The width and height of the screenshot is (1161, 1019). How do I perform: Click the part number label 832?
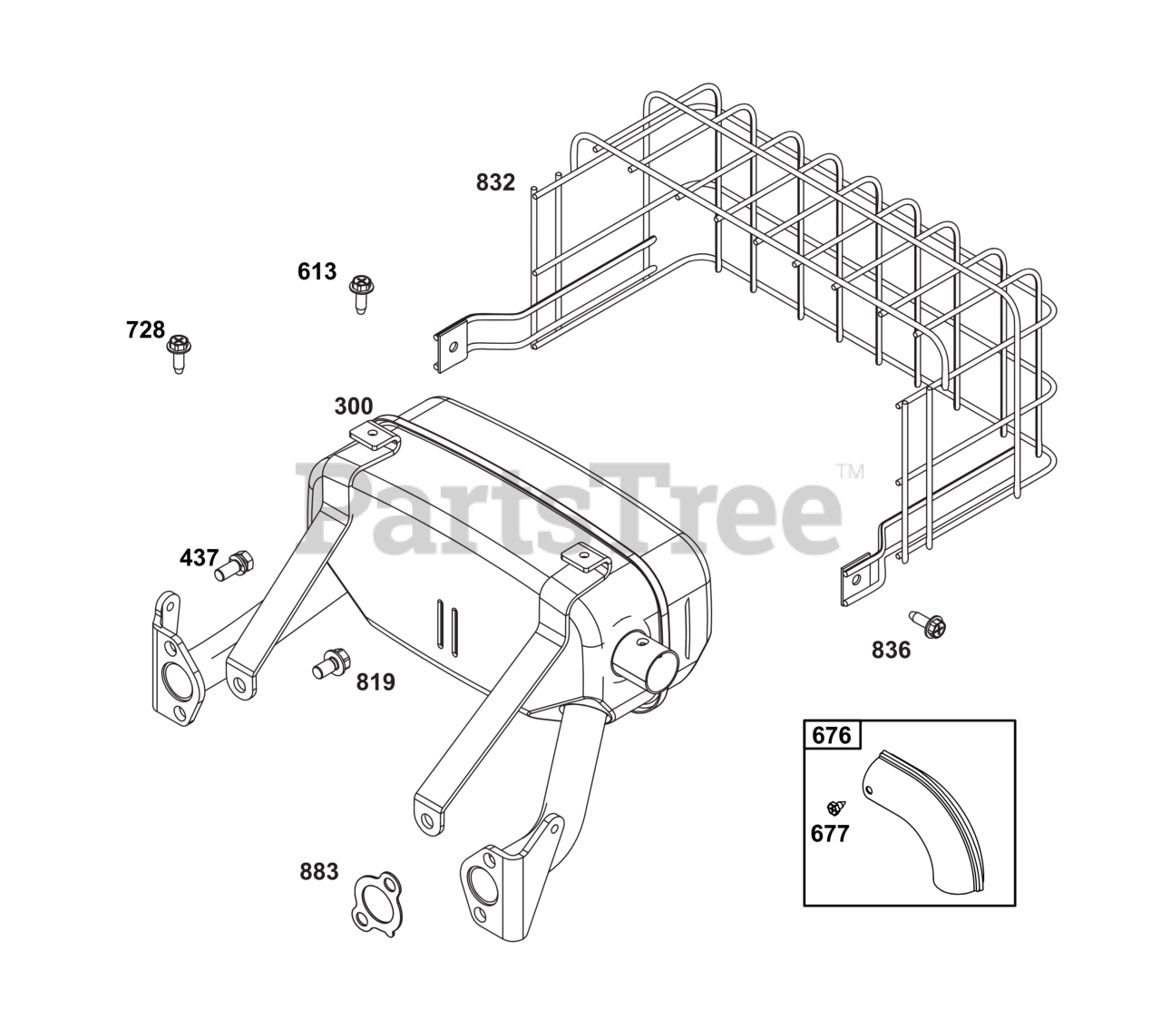point(495,182)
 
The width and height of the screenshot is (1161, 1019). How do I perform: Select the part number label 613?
point(317,271)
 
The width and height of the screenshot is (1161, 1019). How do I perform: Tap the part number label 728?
point(146,329)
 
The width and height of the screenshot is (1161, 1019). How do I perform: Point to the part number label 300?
point(353,407)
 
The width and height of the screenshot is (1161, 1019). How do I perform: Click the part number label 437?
point(199,558)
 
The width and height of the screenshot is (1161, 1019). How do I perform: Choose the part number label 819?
point(375,681)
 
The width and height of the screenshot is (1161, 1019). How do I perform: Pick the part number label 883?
point(318,872)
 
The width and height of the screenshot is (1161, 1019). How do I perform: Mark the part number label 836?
point(891,650)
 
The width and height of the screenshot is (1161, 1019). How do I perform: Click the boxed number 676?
point(832,734)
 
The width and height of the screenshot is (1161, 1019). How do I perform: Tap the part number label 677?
point(830,833)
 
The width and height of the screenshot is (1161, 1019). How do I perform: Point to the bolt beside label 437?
point(234,564)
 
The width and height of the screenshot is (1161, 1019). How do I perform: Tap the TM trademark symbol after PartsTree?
point(850,471)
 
